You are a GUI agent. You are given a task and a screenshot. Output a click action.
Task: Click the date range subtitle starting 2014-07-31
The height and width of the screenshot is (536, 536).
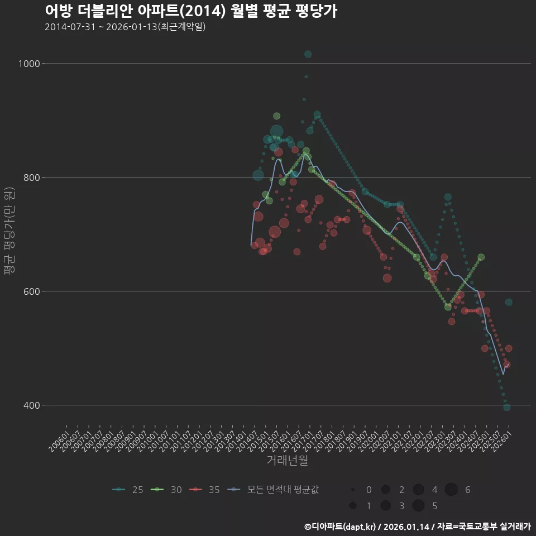coord(125,27)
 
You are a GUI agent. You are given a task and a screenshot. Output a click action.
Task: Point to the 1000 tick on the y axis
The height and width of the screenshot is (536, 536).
coord(28,64)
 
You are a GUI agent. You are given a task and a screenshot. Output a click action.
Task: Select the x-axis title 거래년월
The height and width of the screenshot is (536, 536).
coord(287,460)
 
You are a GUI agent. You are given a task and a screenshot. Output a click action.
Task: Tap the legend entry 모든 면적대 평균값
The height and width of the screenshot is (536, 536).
coord(274,490)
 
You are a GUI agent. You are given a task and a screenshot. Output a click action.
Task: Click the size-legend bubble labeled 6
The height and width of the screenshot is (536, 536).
coord(451,490)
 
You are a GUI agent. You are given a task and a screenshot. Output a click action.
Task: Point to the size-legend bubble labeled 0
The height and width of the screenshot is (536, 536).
coord(353,490)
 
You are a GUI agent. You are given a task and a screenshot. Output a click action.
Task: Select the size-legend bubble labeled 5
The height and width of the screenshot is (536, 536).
coord(418,506)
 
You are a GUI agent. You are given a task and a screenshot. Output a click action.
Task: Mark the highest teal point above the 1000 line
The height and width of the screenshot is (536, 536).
coord(308,54)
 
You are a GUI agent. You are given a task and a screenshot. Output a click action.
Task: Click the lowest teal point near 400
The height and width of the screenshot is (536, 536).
coord(506,408)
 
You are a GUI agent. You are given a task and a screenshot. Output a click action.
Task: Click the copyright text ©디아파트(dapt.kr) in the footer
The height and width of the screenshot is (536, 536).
coord(341,527)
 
